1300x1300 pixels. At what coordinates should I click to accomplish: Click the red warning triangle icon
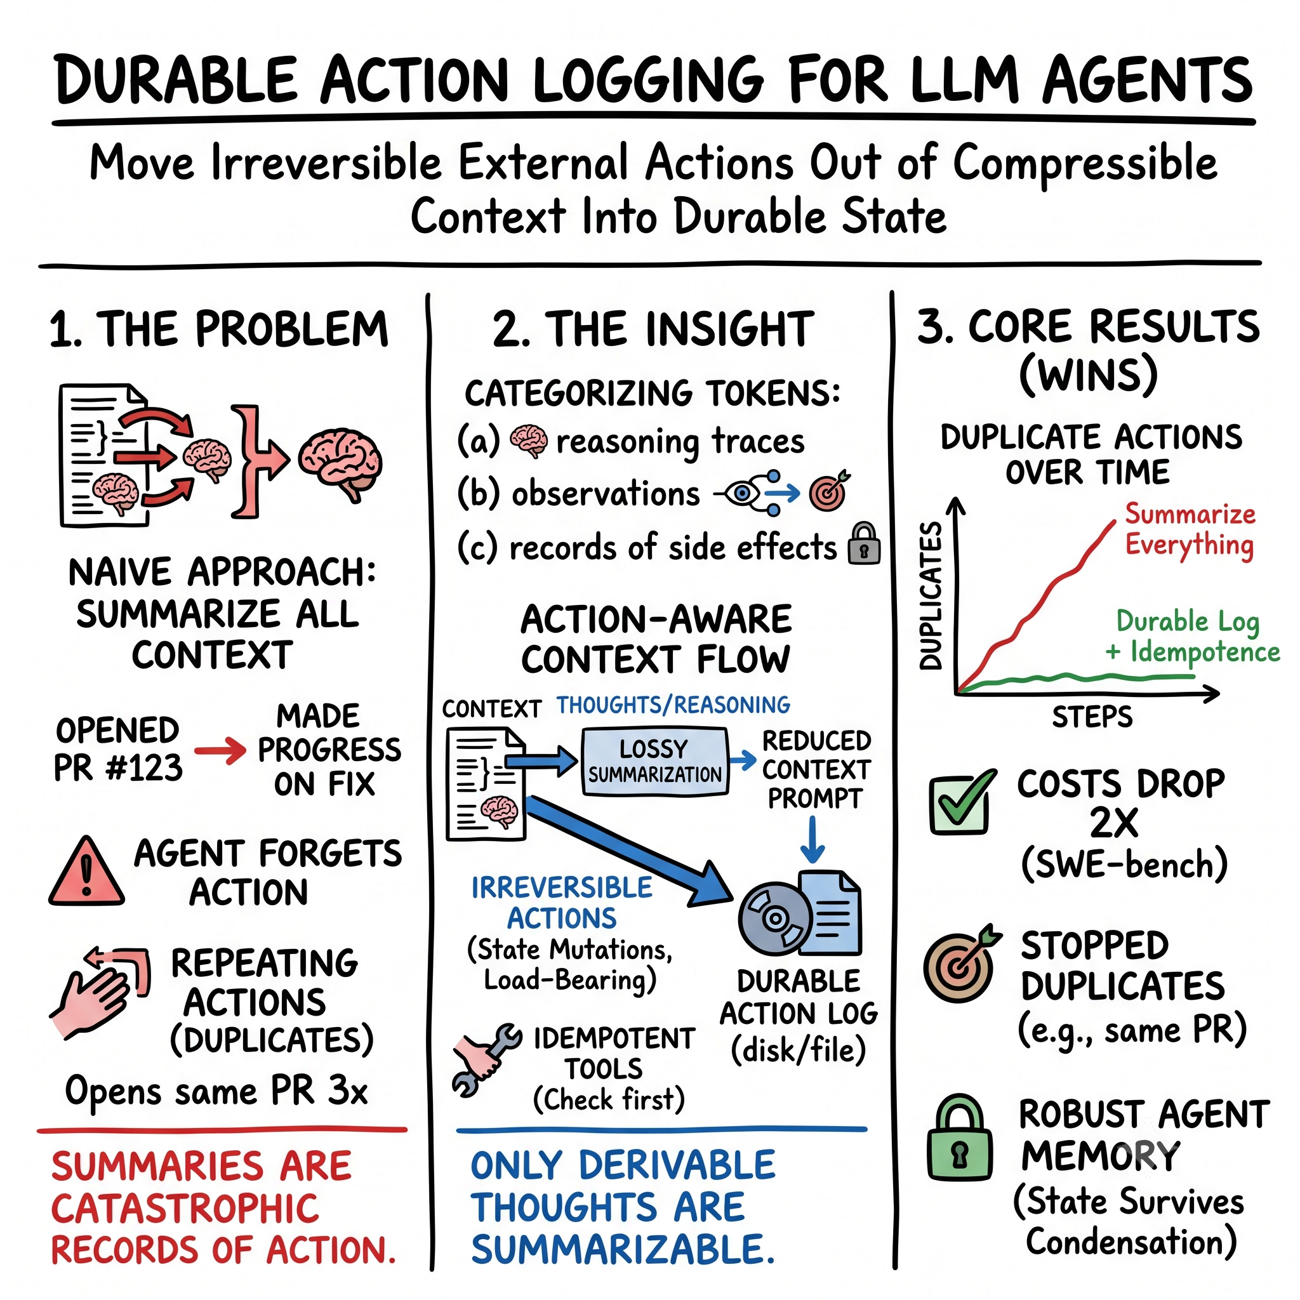coord(86,872)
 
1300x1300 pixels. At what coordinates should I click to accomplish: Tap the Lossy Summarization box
coord(654,762)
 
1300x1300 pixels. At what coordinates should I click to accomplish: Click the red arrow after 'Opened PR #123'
coord(220,750)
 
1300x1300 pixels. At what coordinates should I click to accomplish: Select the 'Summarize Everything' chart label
coord(1190,529)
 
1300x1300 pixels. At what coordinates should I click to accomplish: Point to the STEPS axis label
coord(1092,717)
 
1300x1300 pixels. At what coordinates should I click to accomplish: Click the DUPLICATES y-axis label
coord(931,595)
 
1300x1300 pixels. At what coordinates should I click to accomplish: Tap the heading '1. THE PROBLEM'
coord(220,329)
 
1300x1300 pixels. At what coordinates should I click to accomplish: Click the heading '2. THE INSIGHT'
coord(653,329)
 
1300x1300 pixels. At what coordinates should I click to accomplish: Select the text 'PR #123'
coord(119,768)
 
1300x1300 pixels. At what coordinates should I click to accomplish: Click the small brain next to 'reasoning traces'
coord(528,441)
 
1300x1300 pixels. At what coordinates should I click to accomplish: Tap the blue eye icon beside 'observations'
coord(742,494)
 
